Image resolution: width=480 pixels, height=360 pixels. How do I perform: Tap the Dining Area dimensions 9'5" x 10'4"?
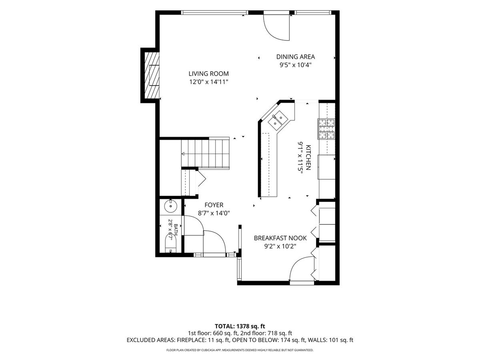click(x=296, y=65)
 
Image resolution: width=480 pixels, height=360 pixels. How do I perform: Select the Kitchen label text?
click(x=308, y=157)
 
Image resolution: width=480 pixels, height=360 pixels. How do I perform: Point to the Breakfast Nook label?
click(x=280, y=238)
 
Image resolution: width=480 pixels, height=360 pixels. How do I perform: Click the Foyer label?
click(x=214, y=205)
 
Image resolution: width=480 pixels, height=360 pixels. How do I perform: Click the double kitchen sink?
click(x=278, y=121)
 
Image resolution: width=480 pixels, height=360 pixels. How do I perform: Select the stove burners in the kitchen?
click(x=326, y=129)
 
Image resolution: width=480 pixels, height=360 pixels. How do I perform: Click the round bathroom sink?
click(x=170, y=206)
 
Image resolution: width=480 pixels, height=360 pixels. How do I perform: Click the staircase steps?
click(x=205, y=154)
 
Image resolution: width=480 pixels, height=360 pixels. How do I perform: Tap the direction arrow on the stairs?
click(x=183, y=154)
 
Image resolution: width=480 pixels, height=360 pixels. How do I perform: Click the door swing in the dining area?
click(x=277, y=28)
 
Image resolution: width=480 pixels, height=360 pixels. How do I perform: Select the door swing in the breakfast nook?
click(x=302, y=268)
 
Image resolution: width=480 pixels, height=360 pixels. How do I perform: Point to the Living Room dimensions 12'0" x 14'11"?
click(x=209, y=82)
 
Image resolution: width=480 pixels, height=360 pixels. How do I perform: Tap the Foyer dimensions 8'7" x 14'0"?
click(x=214, y=213)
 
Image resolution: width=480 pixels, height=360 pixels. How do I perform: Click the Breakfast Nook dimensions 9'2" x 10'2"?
click(x=280, y=246)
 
